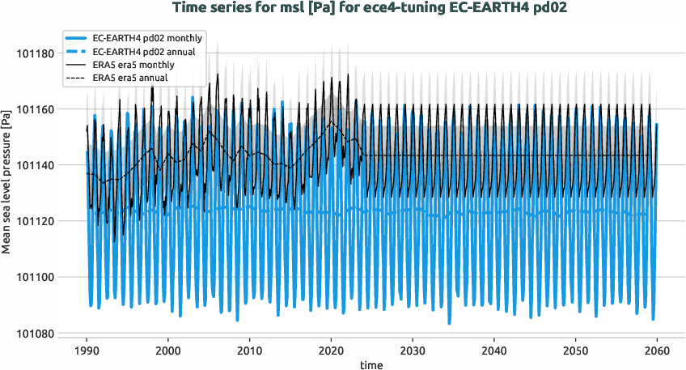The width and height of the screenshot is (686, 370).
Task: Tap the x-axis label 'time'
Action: click(x=371, y=365)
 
